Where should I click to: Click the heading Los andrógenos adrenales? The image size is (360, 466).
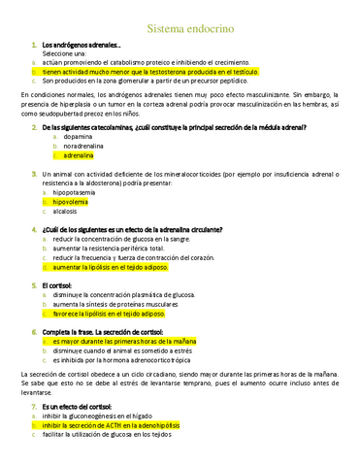pyautogui.click(x=82, y=46)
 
